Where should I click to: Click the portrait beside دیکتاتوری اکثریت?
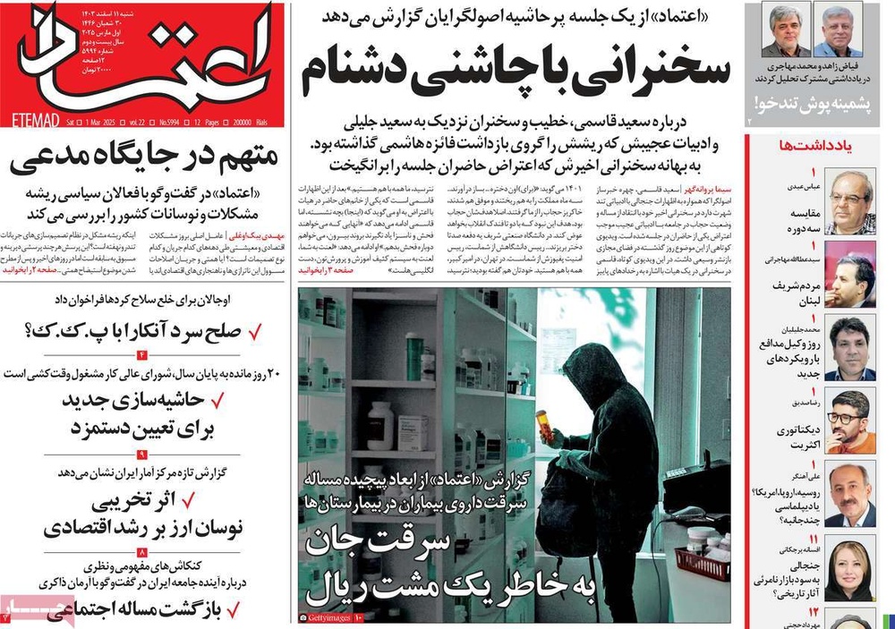click(x=849, y=421)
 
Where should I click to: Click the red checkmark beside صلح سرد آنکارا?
click(x=255, y=333)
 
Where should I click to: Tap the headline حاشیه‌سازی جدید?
click(x=148, y=399)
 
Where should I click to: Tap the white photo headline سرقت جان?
click(x=421, y=542)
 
